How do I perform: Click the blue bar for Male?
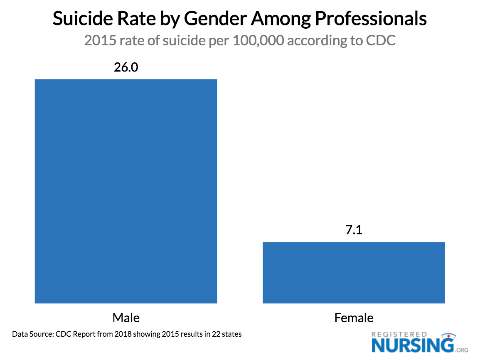(x=126, y=191)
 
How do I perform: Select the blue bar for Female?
(x=354, y=272)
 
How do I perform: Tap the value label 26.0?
(x=126, y=67)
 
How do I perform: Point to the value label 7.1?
(x=354, y=230)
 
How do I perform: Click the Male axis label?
(x=126, y=318)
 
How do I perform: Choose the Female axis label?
(x=354, y=318)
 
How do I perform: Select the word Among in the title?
(x=283, y=20)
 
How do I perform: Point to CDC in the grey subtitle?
(x=381, y=41)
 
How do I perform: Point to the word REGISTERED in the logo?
(x=399, y=334)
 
